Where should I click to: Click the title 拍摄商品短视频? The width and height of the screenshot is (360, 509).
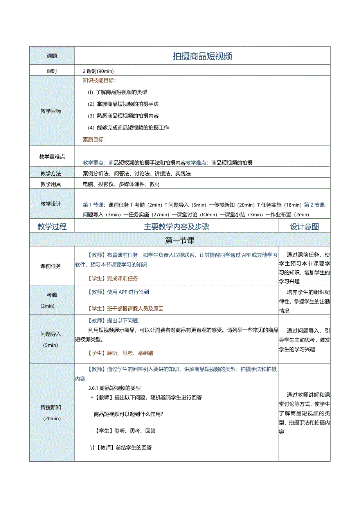pos(202,56)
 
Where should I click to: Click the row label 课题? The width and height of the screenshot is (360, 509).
pos(52,56)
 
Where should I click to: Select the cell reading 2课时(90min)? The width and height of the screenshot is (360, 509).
pos(98,71)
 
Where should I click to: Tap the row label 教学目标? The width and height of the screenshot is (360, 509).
pos(51,111)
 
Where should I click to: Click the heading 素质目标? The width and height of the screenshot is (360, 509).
pos(94,139)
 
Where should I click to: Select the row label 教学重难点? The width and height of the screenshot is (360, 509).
pos(52,157)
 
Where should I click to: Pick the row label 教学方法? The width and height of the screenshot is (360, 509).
pos(51,173)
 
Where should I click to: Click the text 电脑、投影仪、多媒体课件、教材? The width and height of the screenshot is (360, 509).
pos(121,184)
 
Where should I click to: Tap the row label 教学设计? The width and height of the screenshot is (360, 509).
pos(51,204)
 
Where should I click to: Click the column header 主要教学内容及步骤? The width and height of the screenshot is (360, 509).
pos(176,227)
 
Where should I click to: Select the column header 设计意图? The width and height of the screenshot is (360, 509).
pos(304,227)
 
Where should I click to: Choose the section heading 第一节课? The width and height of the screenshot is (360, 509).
pos(180,240)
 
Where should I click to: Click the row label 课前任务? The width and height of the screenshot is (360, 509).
pos(51,266)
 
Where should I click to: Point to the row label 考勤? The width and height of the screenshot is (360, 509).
pos(52,295)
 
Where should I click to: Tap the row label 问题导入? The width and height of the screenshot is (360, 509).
pos(51,334)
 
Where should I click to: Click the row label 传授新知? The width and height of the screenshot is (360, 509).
pos(51,407)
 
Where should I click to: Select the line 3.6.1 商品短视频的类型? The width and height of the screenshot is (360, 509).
pos(114,388)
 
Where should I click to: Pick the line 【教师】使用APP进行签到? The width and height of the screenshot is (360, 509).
pos(117,292)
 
